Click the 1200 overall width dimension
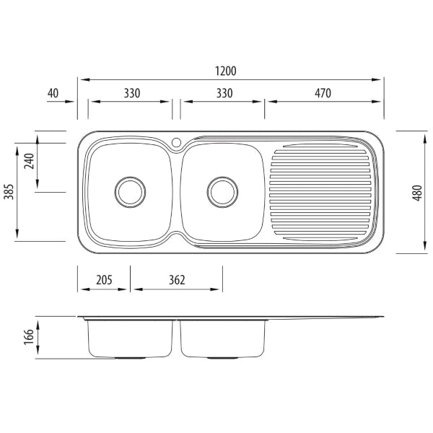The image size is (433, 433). (225, 71)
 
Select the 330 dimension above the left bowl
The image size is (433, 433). (130, 93)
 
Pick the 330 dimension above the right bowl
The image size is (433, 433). (223, 93)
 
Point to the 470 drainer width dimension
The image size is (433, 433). (322, 93)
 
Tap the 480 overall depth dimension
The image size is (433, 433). (417, 193)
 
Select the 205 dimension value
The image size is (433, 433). (104, 280)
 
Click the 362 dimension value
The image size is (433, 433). (176, 280)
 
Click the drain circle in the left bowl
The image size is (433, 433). (130, 191)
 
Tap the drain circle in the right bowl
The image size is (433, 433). (222, 191)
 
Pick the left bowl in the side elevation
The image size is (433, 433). (130, 338)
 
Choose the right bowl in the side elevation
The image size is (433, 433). (222, 338)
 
